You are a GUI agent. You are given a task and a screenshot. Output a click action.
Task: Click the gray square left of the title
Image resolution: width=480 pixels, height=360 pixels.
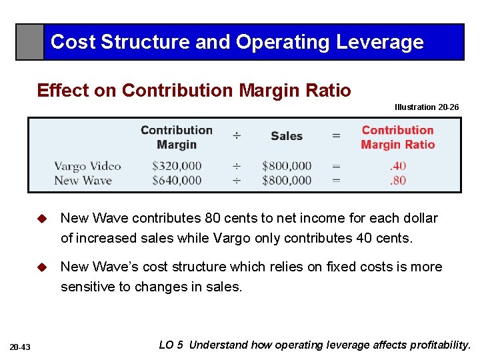(30, 42)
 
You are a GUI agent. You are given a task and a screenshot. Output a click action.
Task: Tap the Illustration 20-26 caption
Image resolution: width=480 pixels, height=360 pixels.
(427, 107)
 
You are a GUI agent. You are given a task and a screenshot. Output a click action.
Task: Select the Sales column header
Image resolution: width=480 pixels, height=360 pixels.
(287, 136)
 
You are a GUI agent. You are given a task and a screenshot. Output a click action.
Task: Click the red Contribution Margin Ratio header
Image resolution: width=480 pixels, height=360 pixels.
(398, 137)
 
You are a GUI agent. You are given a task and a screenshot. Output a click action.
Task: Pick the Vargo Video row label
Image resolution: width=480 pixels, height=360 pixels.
(87, 166)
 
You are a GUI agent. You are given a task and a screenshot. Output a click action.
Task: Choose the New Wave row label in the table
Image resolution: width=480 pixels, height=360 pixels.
(83, 180)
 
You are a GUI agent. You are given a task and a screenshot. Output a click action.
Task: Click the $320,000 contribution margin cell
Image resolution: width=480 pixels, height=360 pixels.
(177, 166)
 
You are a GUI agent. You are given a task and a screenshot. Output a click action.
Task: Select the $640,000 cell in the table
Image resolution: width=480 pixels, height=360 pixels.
(177, 180)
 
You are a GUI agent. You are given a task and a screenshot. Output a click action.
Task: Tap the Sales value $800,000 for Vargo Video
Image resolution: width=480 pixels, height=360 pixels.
(287, 166)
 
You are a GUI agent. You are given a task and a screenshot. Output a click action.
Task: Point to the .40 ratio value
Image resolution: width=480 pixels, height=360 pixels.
(398, 166)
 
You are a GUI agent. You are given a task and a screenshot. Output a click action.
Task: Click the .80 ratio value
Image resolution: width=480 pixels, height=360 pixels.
(398, 180)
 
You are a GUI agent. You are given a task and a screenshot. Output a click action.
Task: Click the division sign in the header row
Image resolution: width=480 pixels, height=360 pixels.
(237, 136)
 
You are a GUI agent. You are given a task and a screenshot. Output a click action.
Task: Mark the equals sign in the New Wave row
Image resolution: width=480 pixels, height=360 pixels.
(336, 180)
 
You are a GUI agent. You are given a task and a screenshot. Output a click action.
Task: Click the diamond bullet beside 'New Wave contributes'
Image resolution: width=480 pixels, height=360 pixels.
(42, 219)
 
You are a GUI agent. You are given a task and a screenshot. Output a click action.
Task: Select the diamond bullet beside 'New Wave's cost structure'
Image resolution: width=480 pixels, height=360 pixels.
(42, 267)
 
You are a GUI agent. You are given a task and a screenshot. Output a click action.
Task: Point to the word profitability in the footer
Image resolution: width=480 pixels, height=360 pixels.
(437, 345)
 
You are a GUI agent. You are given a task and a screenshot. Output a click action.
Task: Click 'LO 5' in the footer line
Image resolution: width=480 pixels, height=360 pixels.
(170, 345)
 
